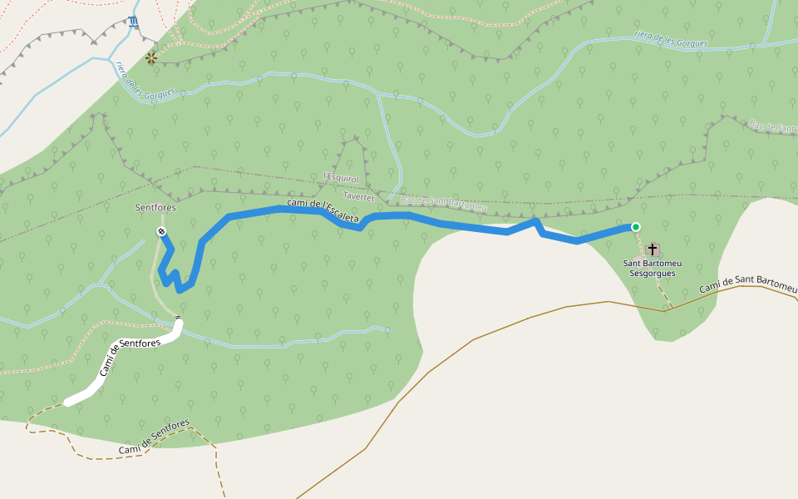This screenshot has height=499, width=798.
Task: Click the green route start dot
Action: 636,227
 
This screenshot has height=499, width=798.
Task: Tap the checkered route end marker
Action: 161,231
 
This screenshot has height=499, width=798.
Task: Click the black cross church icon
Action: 653,249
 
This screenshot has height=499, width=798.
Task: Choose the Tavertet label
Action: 360,197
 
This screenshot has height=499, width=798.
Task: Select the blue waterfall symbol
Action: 135,22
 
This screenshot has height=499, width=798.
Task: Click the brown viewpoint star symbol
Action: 151,57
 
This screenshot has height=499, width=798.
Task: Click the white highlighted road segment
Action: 125,366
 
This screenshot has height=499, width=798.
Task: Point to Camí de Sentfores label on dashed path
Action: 154,437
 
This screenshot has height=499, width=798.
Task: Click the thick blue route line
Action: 465,227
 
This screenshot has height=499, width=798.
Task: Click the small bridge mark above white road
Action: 178,318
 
